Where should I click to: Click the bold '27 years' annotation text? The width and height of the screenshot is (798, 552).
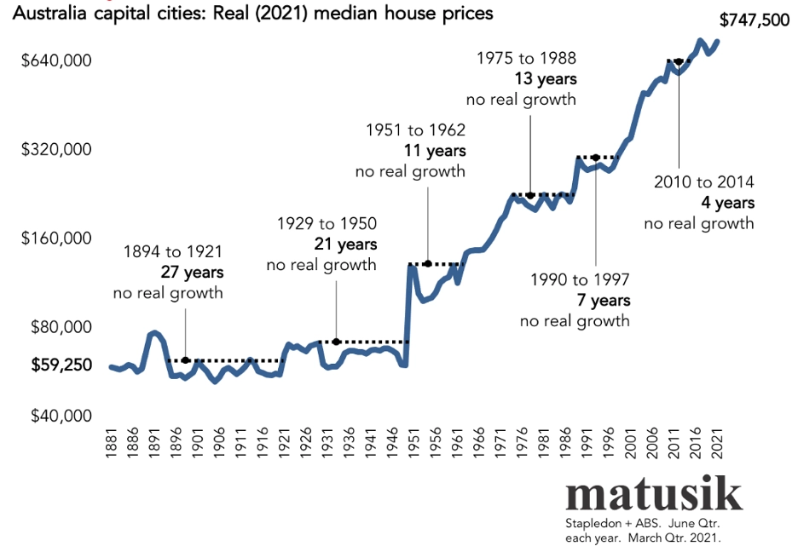coord(192,273)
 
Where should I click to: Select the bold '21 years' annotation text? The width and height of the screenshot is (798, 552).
coord(345,244)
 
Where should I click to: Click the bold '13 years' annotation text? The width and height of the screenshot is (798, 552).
coord(546,78)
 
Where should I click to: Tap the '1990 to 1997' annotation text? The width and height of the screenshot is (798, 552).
coord(580,280)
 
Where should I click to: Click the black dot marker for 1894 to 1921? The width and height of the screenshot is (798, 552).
coord(186,360)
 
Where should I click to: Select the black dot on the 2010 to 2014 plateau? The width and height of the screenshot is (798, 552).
coord(679,62)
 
